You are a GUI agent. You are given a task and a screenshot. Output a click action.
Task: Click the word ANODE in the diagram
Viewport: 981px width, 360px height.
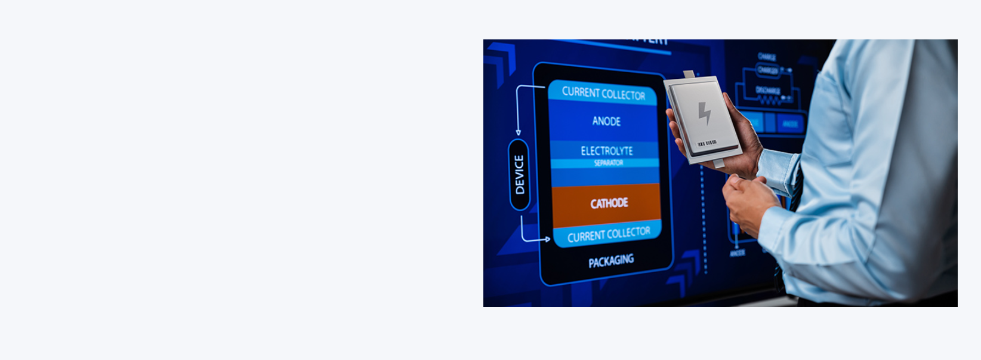[x=606, y=121]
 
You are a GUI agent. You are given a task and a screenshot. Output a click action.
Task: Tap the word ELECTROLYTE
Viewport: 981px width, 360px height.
[x=607, y=151]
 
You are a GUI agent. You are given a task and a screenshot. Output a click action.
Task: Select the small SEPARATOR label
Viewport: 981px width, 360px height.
[x=608, y=163]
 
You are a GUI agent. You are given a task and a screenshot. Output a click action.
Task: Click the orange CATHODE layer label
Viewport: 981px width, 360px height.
[x=609, y=204]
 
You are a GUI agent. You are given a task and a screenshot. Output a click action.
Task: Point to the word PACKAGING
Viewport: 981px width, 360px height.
[x=611, y=261]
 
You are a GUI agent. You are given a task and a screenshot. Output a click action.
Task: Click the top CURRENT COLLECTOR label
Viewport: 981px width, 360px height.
[x=603, y=94]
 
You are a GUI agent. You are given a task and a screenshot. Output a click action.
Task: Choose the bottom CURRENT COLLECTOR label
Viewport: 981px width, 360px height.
[x=609, y=235]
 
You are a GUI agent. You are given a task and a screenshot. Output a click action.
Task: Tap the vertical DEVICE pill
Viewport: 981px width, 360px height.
[x=519, y=174]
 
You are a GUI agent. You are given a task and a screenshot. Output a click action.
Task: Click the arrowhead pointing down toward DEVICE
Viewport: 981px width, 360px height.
[x=518, y=133]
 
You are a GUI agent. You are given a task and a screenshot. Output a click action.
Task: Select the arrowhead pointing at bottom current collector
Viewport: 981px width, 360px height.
[x=547, y=239]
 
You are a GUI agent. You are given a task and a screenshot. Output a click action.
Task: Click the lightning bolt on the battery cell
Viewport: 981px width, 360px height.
[x=705, y=113]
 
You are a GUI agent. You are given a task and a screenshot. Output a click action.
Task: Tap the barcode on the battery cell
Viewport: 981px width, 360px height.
[x=707, y=143]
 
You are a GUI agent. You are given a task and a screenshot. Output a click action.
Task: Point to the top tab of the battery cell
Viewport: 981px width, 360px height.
[x=689, y=74]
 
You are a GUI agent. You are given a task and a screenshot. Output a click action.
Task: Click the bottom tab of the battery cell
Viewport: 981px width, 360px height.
[x=718, y=162]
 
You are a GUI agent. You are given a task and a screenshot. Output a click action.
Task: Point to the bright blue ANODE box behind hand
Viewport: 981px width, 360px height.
[x=790, y=124]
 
